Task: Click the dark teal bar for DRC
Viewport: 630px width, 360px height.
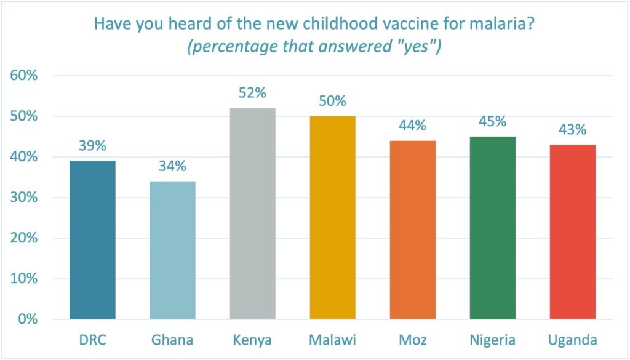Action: pyautogui.click(x=92, y=240)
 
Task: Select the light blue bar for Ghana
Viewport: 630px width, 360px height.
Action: pyautogui.click(x=172, y=250)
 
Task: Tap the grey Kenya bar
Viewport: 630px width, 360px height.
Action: pyautogui.click(x=252, y=214)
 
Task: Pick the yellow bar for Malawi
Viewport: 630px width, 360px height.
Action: pyautogui.click(x=332, y=218)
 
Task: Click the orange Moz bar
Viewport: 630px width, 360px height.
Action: pyautogui.click(x=412, y=230)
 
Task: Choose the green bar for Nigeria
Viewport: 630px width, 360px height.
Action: pyautogui.click(x=492, y=228)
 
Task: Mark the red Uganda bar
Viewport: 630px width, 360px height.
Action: pyautogui.click(x=572, y=232)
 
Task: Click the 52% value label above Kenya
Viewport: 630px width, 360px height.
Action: pyautogui.click(x=252, y=93)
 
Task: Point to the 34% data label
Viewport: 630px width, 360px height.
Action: pyautogui.click(x=172, y=166)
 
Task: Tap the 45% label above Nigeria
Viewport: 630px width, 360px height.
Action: pyautogui.click(x=492, y=121)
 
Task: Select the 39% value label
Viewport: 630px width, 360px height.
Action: pyautogui.click(x=92, y=146)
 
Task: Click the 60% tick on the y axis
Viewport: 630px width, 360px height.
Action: pyautogui.click(x=25, y=76)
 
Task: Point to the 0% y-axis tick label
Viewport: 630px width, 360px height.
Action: pyautogui.click(x=28, y=319)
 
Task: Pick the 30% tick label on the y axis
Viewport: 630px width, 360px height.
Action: pyautogui.click(x=25, y=198)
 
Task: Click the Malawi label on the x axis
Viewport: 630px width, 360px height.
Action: pyautogui.click(x=332, y=339)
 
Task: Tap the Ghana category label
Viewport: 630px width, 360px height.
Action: pyautogui.click(x=172, y=339)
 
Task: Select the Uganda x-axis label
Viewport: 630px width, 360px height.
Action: pyautogui.click(x=572, y=339)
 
